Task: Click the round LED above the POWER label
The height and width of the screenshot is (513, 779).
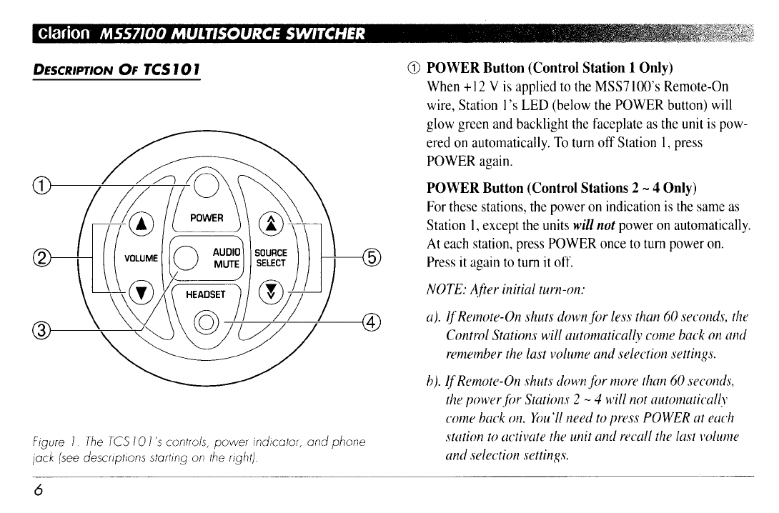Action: [x=204, y=186]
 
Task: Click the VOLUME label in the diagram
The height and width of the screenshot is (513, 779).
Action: [x=142, y=257]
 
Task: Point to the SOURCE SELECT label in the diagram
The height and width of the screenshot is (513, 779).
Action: [x=271, y=257]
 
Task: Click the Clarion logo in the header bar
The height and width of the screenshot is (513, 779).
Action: [x=65, y=34]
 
